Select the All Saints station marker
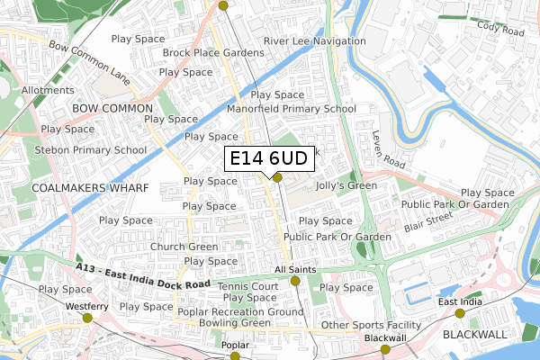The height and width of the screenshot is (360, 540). [295, 282]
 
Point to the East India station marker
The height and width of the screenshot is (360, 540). [460, 313]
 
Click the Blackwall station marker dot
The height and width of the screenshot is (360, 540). [385, 349]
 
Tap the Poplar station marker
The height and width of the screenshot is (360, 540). [235, 356]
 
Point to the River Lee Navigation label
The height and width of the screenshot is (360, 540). [311, 41]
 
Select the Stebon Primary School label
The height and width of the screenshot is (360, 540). [91, 150]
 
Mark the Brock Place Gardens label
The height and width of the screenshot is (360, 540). [213, 53]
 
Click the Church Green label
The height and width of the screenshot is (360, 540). [184, 247]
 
